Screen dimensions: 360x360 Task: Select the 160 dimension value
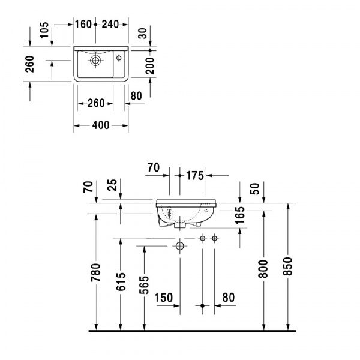click(82, 24)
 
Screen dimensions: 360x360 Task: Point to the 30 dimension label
click(142, 33)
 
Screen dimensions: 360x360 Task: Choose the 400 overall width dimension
click(101, 125)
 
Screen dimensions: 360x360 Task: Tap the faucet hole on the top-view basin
click(119, 58)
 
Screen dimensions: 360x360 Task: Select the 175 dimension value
click(195, 175)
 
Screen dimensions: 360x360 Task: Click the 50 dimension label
click(254, 189)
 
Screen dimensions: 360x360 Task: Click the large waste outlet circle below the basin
click(179, 246)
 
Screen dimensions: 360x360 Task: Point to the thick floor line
click(192, 331)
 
